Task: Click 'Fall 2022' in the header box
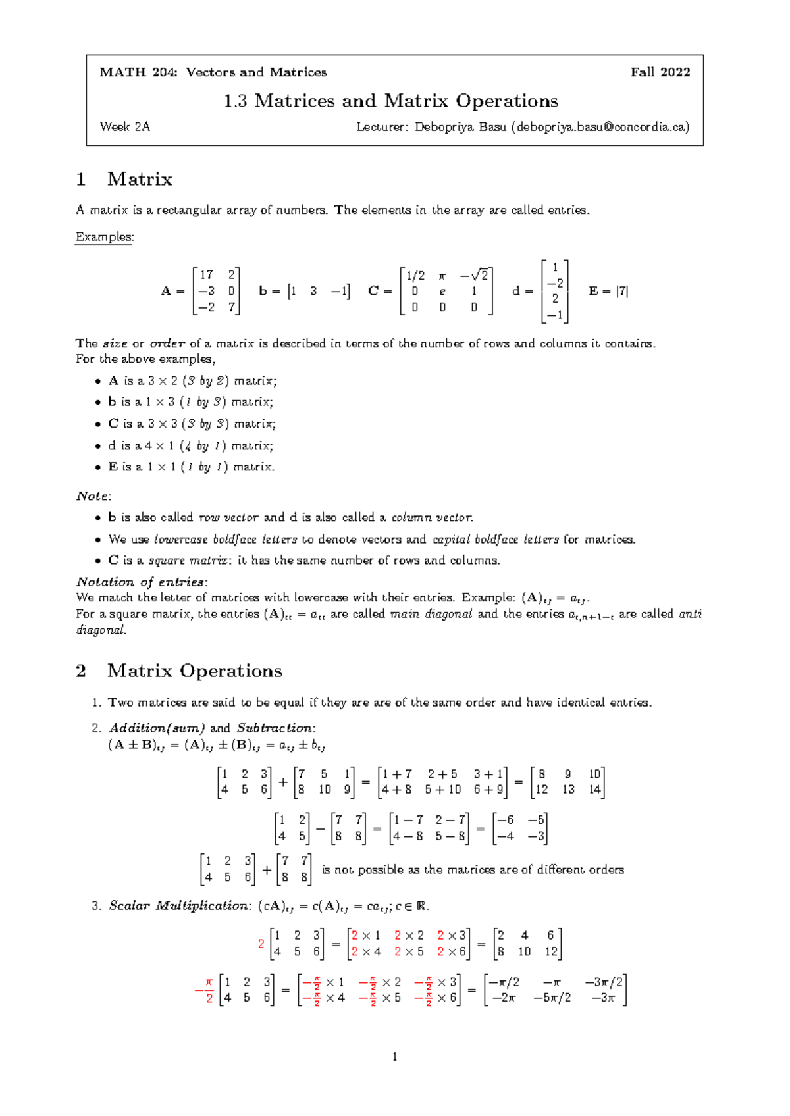(x=660, y=72)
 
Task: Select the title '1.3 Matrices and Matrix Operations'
(x=391, y=101)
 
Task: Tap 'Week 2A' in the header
(x=125, y=127)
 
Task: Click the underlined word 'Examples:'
(x=105, y=237)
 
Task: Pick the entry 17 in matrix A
(x=207, y=274)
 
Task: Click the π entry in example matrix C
(x=442, y=275)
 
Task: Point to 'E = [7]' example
(x=608, y=291)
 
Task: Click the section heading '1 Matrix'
(x=124, y=179)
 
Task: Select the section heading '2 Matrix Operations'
(x=179, y=671)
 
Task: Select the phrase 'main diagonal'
(x=431, y=614)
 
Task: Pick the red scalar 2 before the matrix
(x=261, y=944)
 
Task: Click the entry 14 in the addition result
(x=595, y=790)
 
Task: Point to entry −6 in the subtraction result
(x=506, y=820)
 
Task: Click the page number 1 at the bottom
(x=394, y=1057)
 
